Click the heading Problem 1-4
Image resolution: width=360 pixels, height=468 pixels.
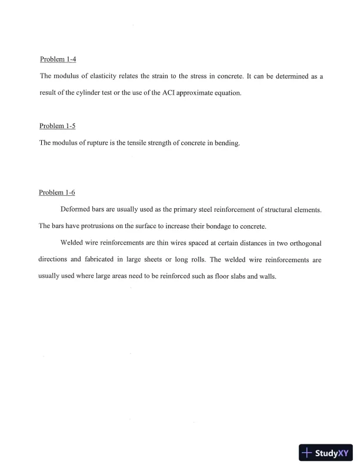pyautogui.click(x=58, y=60)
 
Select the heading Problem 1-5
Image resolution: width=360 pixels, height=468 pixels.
pyautogui.click(x=57, y=126)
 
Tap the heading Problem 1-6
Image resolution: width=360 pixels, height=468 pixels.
pyautogui.click(x=57, y=193)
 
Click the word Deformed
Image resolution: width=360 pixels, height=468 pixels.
pyautogui.click(x=76, y=209)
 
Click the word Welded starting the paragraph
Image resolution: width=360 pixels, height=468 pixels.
pyautogui.click(x=73, y=242)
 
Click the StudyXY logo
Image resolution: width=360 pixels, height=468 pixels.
pyautogui.click(x=326, y=453)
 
